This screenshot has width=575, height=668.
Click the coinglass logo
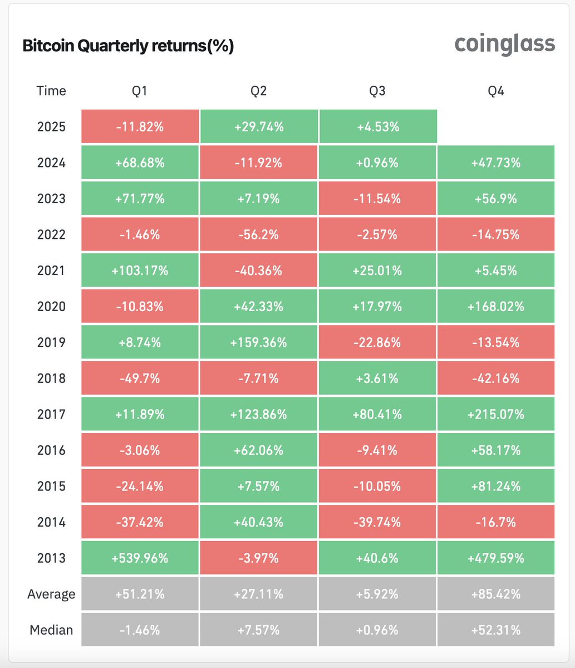click(x=504, y=45)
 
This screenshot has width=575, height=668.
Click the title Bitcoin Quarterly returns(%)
click(x=128, y=46)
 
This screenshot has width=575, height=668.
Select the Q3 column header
click(x=377, y=91)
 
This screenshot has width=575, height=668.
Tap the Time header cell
click(x=51, y=91)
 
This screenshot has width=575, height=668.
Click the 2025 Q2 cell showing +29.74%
click(x=259, y=127)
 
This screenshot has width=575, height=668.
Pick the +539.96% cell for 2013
click(x=140, y=558)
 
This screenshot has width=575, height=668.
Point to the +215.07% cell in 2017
click(x=496, y=414)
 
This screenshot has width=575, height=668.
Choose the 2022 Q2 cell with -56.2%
click(x=259, y=234)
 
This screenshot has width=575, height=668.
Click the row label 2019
click(x=51, y=342)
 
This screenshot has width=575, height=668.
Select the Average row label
click(x=51, y=594)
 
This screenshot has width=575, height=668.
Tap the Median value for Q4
click(x=496, y=630)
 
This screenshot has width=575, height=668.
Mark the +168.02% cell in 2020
click(x=496, y=307)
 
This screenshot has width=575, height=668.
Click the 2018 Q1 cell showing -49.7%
click(x=140, y=379)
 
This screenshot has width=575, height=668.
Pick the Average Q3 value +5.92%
click(x=377, y=594)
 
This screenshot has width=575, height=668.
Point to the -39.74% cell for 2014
click(x=377, y=522)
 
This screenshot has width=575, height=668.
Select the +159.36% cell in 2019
click(x=259, y=342)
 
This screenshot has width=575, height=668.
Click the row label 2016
click(x=51, y=450)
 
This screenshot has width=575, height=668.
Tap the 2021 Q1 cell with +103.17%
click(x=140, y=271)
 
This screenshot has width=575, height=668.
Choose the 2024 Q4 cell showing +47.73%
click(x=496, y=163)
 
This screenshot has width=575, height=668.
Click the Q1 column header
click(x=140, y=91)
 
